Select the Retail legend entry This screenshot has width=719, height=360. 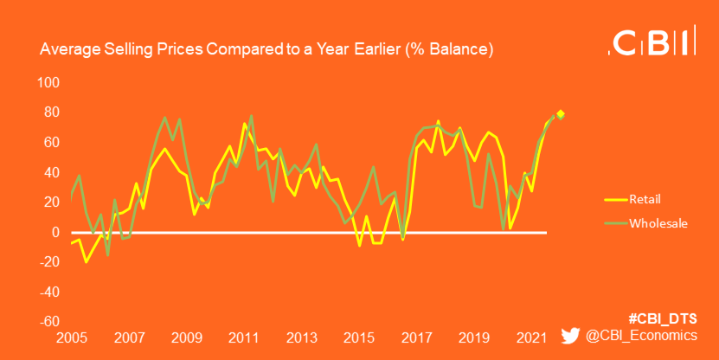pyautogui.click(x=645, y=198)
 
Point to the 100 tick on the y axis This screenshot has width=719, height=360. pyautogui.click(x=48, y=83)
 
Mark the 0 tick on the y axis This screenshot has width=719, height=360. pyautogui.click(x=55, y=233)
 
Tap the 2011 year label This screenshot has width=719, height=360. pyautogui.click(x=243, y=337)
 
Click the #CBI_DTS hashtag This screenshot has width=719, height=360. pyautogui.click(x=663, y=317)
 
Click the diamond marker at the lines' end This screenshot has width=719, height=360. pyautogui.click(x=561, y=114)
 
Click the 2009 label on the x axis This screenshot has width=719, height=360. pyautogui.click(x=186, y=337)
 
